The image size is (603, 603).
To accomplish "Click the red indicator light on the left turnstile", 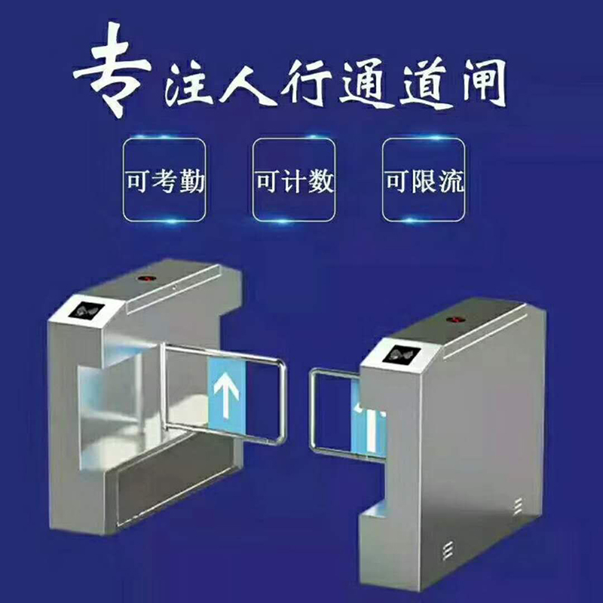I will (x=143, y=277).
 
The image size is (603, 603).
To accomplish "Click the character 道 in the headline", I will (x=417, y=84).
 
